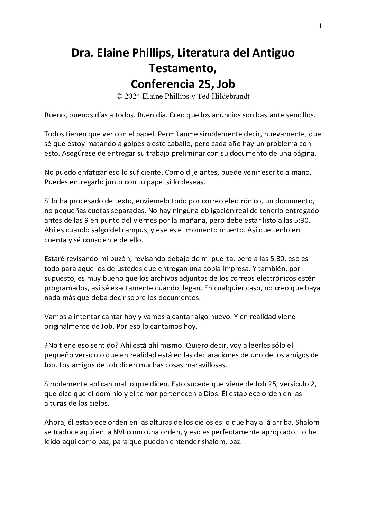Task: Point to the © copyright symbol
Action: click(x=120, y=97)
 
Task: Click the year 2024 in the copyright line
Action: click(x=132, y=97)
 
